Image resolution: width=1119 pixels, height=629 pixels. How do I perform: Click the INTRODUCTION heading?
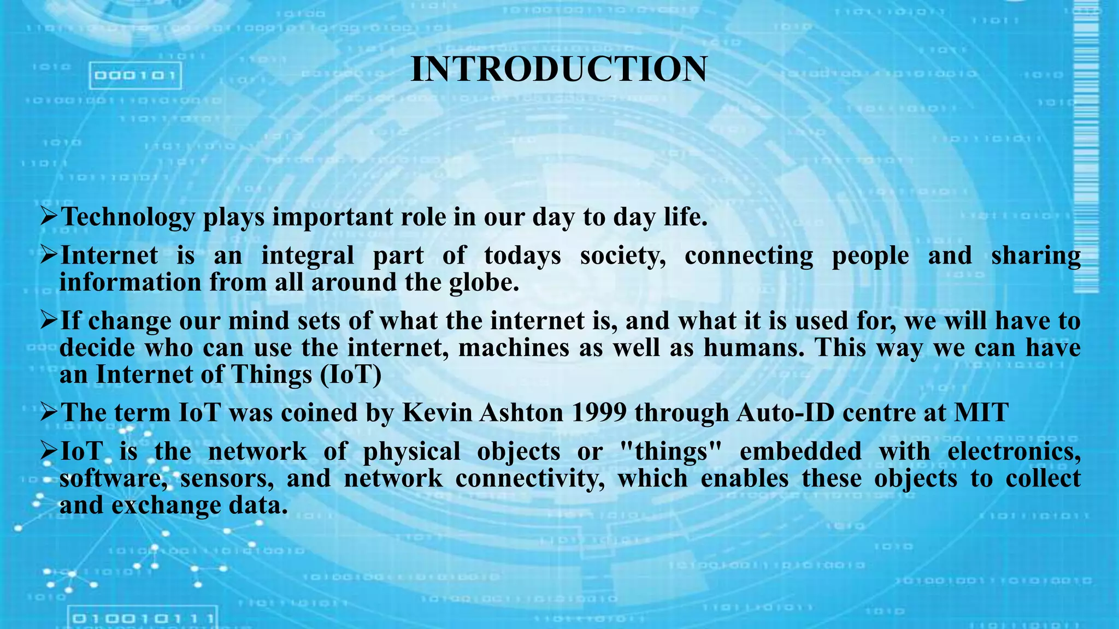pyautogui.click(x=558, y=69)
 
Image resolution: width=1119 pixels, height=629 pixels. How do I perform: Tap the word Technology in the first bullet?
pyautogui.click(x=128, y=217)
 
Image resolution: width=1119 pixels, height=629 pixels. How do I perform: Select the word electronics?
pyautogui.click(x=1014, y=452)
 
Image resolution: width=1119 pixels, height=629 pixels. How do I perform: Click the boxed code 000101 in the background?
pyautogui.click(x=135, y=75)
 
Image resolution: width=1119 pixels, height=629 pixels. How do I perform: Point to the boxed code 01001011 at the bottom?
pyautogui.click(x=143, y=619)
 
